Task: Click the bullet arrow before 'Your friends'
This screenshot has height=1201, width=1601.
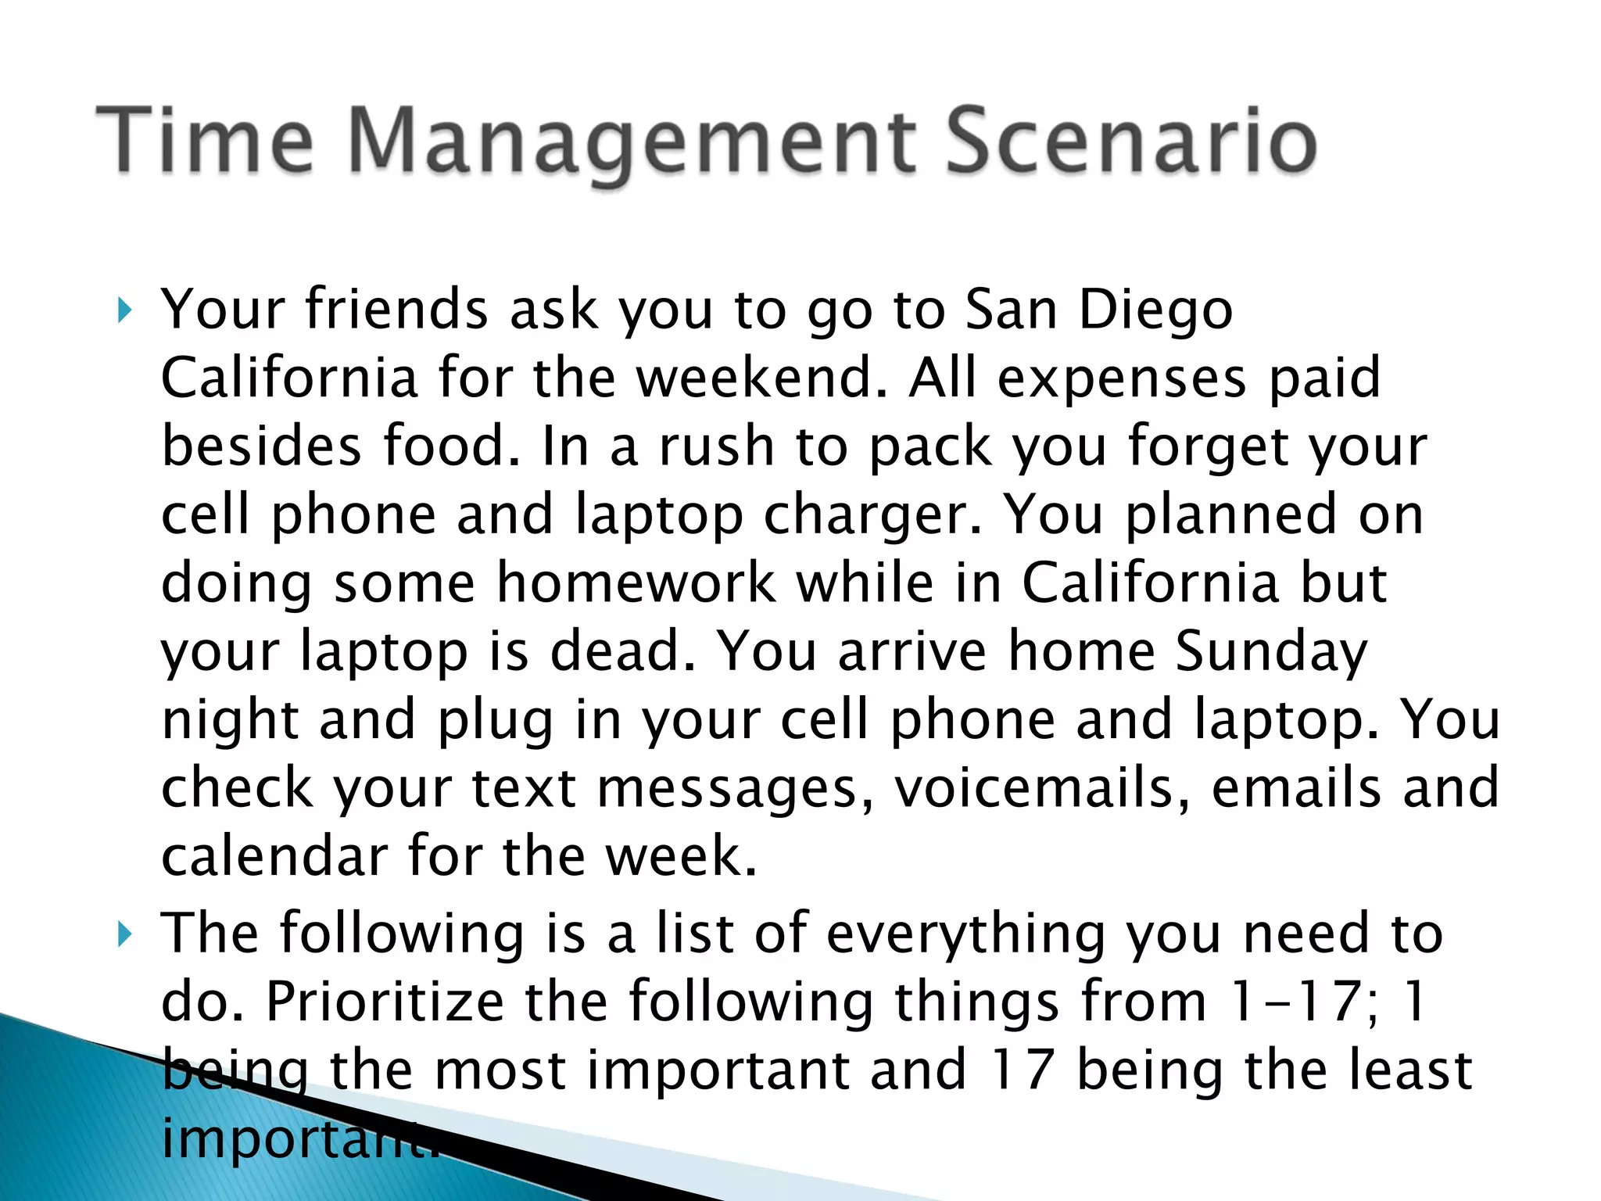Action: point(124,310)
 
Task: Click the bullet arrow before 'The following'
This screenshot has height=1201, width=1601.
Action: point(124,934)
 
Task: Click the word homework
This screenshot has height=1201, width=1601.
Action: point(636,583)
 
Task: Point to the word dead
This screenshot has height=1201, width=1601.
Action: point(622,651)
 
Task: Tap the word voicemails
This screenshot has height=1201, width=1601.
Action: point(1043,788)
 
